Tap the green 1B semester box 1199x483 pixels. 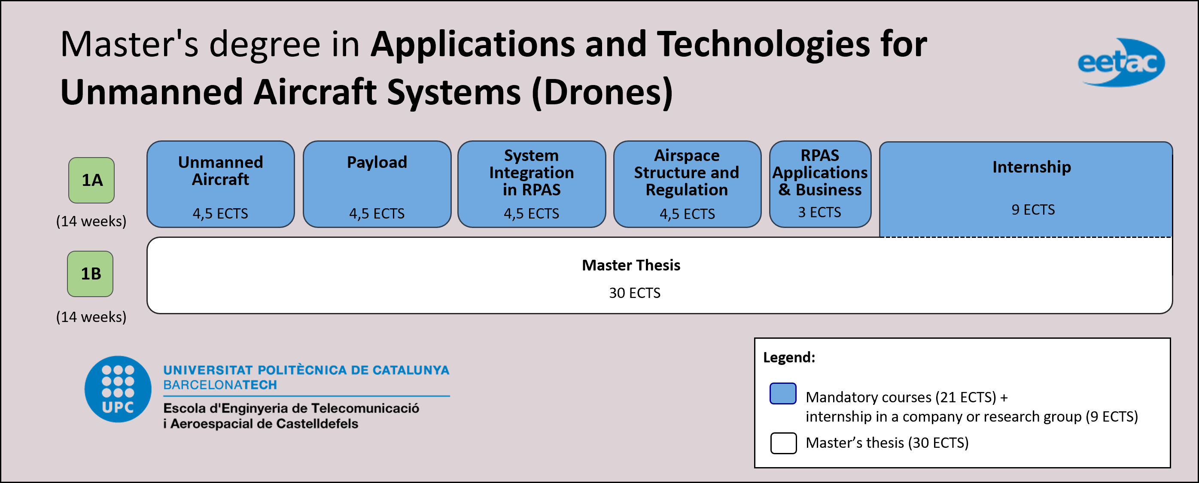(x=90, y=273)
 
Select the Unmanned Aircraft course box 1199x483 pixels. (x=221, y=184)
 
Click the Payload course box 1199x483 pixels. (x=377, y=184)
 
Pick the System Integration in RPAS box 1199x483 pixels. (x=532, y=184)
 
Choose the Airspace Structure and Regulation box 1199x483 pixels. (x=687, y=184)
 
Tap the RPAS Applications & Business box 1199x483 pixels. (x=820, y=184)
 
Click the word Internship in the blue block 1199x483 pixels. (x=1032, y=167)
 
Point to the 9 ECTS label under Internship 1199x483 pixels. (x=1033, y=210)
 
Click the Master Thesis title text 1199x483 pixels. (x=631, y=265)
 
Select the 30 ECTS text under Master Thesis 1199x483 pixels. (x=634, y=293)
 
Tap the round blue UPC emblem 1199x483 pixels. (x=118, y=389)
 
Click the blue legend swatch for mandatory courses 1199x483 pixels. (x=783, y=394)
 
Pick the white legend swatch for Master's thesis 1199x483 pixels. (x=783, y=443)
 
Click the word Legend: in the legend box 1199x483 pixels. (x=789, y=357)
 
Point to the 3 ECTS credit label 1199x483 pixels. (x=819, y=212)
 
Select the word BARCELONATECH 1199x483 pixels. (x=220, y=385)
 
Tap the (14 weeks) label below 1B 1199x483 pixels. (x=91, y=317)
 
